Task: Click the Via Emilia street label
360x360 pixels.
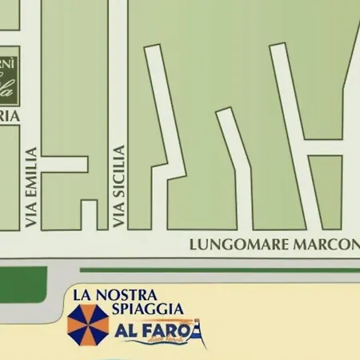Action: [x=32, y=187]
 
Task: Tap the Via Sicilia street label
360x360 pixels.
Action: [x=120, y=186]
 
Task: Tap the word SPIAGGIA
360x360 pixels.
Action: [x=147, y=308]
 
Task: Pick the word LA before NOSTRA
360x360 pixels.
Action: [x=83, y=294]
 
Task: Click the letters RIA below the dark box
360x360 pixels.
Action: [x=8, y=115]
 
